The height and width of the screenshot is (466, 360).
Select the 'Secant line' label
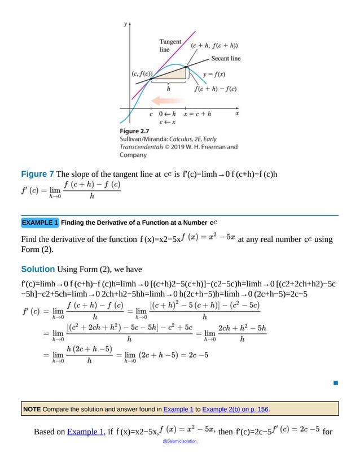pyautogui.click(x=226, y=58)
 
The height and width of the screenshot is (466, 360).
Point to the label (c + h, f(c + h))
pyautogui.click(x=213, y=46)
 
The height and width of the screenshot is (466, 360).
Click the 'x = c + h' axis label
pyautogui.click(x=197, y=114)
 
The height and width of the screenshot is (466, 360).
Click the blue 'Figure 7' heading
pyautogui.click(x=38, y=174)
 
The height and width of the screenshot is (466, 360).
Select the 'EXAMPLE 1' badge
pyautogui.click(x=39, y=222)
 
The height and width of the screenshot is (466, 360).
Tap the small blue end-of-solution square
pyautogui.click(x=335, y=384)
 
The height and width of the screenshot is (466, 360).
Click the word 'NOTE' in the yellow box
pyautogui.click(x=32, y=408)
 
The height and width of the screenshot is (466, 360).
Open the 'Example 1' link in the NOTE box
pyautogui.click(x=178, y=408)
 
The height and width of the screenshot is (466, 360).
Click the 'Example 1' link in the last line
pyautogui.click(x=85, y=432)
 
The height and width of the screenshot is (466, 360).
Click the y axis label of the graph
pyautogui.click(x=125, y=24)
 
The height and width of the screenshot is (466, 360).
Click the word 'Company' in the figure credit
pyautogui.click(x=133, y=154)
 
